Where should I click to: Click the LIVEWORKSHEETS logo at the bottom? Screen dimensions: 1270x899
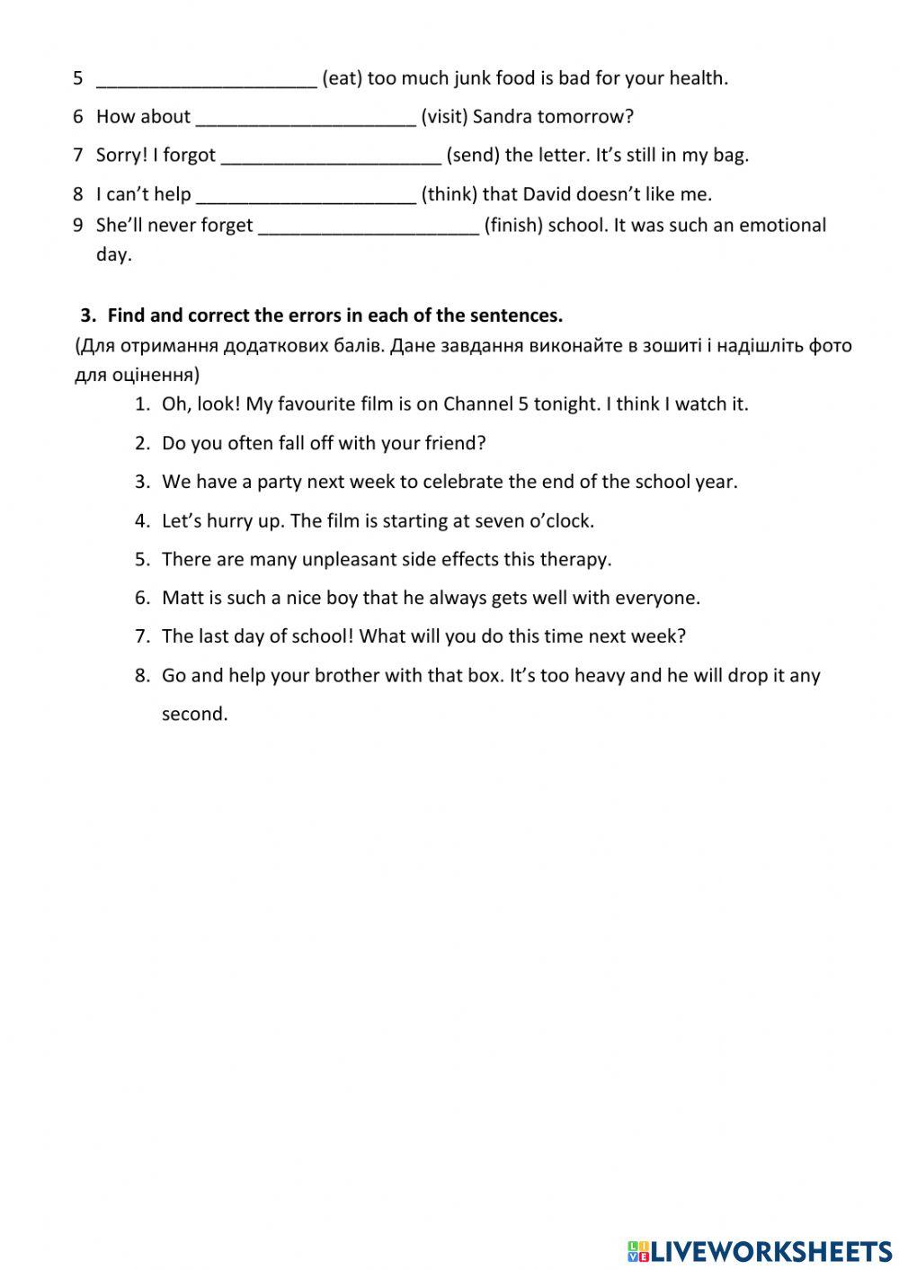760,1251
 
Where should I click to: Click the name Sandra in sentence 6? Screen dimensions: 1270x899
502,117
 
